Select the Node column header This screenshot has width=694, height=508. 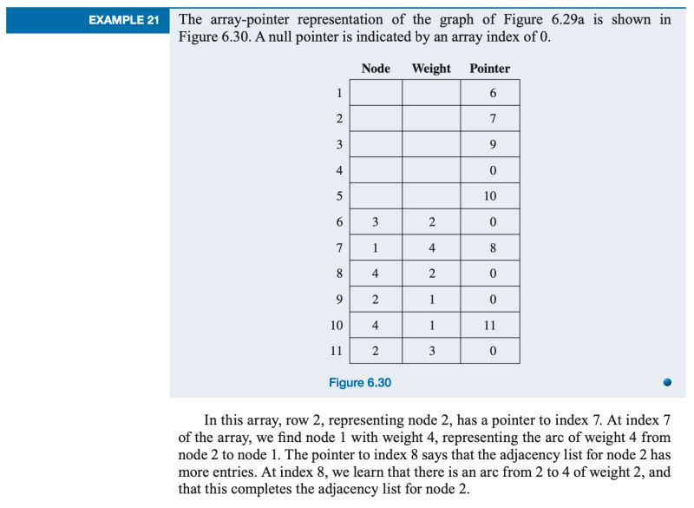[x=376, y=68]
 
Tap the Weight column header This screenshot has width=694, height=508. [x=431, y=68]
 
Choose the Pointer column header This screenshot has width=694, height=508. [x=490, y=68]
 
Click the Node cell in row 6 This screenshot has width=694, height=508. [x=376, y=222]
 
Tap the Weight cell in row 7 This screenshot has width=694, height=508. [x=431, y=247]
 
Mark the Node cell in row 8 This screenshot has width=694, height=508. [x=376, y=274]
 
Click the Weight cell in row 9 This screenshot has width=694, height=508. [x=431, y=300]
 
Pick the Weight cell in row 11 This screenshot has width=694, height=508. [x=431, y=351]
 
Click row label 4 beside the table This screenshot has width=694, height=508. [x=339, y=170]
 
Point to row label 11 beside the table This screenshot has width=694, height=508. [x=337, y=351]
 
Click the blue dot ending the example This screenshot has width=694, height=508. [x=667, y=381]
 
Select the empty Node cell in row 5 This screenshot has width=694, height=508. [x=376, y=196]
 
